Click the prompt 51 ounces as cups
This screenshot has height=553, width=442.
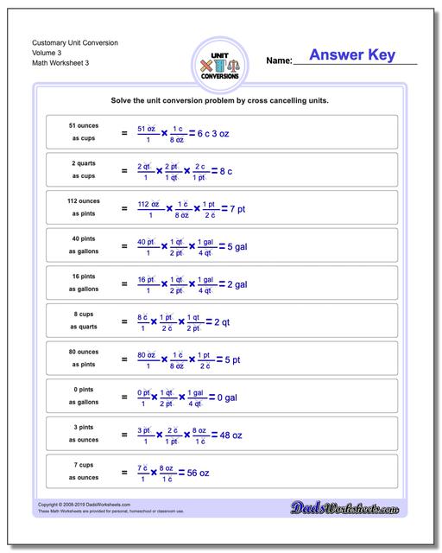(x=83, y=131)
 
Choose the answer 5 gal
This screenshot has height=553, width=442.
(x=234, y=246)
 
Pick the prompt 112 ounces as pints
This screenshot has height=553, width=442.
(x=83, y=207)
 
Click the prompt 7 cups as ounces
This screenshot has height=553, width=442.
(x=83, y=472)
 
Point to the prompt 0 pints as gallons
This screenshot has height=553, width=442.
(x=83, y=396)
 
